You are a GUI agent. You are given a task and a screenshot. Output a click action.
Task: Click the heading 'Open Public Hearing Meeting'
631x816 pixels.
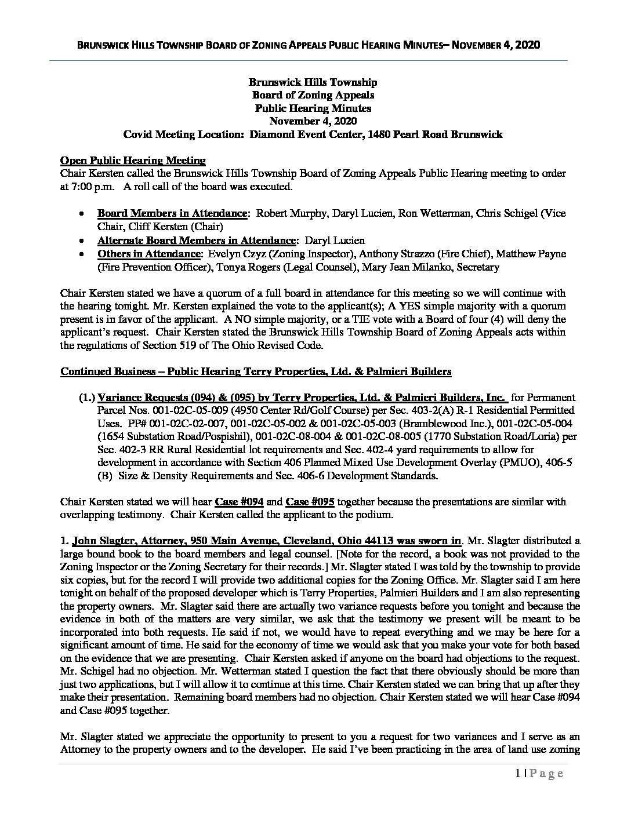tap(133, 161)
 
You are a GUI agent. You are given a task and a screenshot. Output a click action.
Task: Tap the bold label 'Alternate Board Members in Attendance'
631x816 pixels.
tap(196, 241)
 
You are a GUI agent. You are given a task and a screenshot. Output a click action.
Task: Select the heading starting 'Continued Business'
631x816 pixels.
tap(255, 371)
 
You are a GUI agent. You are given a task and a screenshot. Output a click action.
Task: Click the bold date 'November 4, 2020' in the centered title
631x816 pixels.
tap(313, 121)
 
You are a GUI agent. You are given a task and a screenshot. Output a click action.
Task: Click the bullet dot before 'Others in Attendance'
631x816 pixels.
tap(84, 254)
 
